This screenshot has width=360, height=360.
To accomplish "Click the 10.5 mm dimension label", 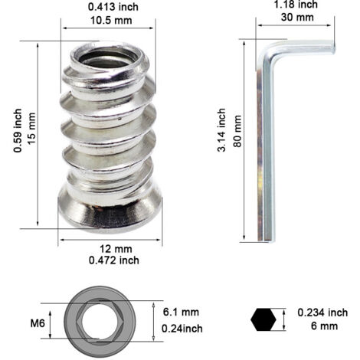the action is click(111, 20).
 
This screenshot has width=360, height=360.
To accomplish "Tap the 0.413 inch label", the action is click(113, 7).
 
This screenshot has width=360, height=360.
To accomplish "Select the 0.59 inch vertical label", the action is click(18, 131).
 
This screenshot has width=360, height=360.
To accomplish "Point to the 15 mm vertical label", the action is click(31, 129).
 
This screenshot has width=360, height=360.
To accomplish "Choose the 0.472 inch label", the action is click(114, 260).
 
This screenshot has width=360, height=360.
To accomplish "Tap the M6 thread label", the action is click(38, 323).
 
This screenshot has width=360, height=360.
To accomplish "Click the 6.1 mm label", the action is click(181, 312).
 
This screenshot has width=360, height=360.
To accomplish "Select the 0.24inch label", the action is click(182, 329).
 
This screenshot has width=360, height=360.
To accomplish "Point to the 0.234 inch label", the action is click(322, 313).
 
